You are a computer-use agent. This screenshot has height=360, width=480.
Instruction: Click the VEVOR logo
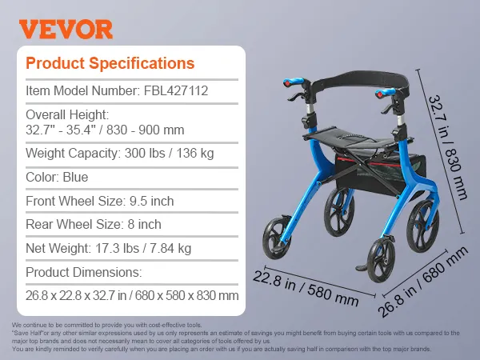tap(66, 30)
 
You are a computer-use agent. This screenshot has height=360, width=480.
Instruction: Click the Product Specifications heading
tap(110, 63)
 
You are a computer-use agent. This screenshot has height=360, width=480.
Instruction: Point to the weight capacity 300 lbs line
tap(110, 153)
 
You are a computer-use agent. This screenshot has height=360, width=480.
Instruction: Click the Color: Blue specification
tap(57, 177)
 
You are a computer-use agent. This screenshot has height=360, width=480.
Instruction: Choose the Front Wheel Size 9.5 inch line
tap(99, 201)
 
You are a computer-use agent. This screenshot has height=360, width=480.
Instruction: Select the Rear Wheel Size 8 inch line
tap(94, 225)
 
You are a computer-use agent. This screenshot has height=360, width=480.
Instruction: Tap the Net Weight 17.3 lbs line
tap(109, 249)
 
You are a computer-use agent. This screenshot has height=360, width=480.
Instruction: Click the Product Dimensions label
tap(83, 272)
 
